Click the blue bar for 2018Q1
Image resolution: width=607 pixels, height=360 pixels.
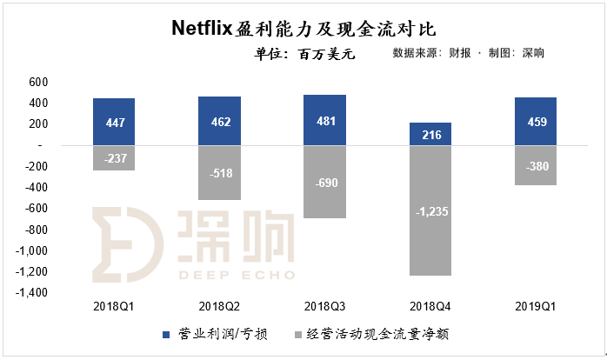(x=114, y=122)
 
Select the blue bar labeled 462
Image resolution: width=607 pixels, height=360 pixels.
(x=219, y=121)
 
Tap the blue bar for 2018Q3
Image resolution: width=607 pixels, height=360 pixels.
(x=324, y=120)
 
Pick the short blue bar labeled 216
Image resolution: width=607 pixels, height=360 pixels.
(x=430, y=134)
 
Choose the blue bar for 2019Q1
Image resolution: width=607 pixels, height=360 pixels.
(x=536, y=121)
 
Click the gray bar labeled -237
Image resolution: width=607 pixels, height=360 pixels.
(x=114, y=157)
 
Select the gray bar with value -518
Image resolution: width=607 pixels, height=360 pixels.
(x=219, y=172)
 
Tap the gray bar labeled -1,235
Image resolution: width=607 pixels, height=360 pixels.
(x=430, y=210)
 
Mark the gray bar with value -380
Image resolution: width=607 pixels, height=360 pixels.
(x=536, y=165)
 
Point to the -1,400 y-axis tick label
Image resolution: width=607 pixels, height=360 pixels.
(x=35, y=293)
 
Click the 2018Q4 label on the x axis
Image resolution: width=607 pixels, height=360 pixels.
(x=430, y=306)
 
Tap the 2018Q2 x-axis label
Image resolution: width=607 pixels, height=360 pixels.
(x=219, y=306)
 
